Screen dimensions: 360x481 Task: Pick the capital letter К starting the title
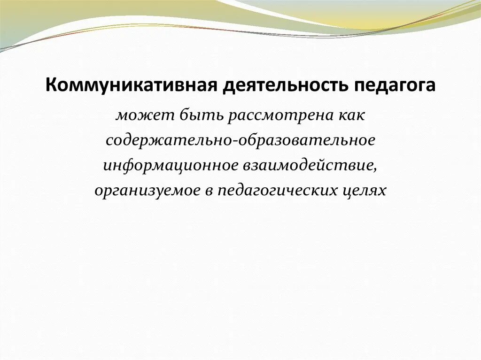[50, 87]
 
